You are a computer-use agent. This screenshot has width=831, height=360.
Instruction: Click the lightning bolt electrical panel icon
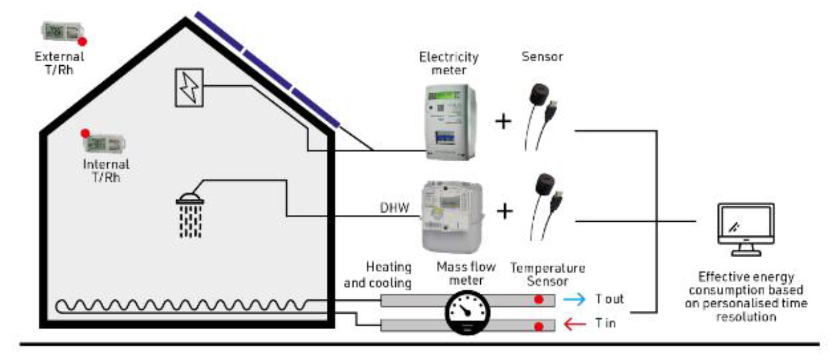click(x=189, y=88)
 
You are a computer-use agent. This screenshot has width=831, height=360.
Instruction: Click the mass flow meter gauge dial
click(x=467, y=312)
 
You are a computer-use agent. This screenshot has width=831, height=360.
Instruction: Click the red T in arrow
click(x=574, y=323)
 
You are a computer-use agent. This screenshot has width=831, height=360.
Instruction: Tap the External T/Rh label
click(x=59, y=63)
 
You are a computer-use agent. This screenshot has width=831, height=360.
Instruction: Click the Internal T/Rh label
click(x=106, y=171)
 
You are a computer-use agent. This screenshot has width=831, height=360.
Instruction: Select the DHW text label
click(x=394, y=208)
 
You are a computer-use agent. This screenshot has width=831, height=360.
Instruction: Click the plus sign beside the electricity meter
click(x=503, y=121)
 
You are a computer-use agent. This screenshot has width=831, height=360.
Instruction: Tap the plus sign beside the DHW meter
click(x=505, y=211)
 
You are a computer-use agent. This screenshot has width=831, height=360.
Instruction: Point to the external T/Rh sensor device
click(x=61, y=32)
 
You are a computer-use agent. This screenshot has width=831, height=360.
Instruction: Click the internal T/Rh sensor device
click(x=104, y=143)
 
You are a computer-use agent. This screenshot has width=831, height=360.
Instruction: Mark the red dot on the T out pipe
click(x=538, y=299)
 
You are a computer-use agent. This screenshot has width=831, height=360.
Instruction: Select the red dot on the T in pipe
click(x=538, y=326)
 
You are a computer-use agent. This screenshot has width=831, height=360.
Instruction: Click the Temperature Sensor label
click(x=548, y=274)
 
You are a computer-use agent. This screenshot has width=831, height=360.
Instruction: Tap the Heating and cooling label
click(x=378, y=275)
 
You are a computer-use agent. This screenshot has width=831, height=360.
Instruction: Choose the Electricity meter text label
click(x=449, y=63)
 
